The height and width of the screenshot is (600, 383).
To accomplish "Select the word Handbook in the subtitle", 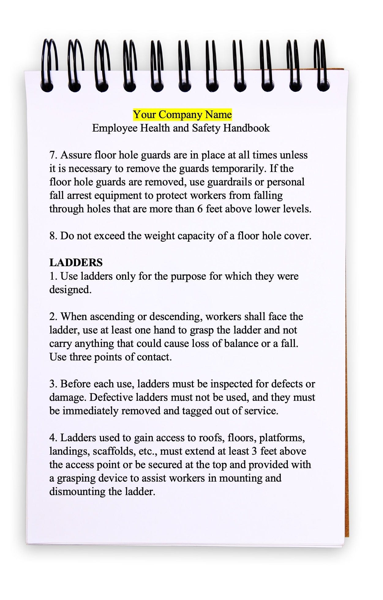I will (246, 128).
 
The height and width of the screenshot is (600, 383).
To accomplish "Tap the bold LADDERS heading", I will (76, 263).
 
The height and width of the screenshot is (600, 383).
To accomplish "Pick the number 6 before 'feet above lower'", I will (200, 209).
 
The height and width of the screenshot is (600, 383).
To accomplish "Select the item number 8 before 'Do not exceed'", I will (53, 236).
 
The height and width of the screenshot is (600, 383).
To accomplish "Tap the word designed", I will (70, 290).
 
